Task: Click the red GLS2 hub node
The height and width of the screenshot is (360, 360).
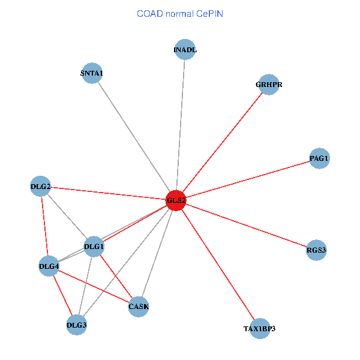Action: [x=176, y=200]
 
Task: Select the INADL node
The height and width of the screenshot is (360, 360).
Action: [x=185, y=50]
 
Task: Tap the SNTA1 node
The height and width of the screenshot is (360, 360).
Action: [x=92, y=73]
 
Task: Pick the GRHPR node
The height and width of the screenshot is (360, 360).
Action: [x=268, y=85]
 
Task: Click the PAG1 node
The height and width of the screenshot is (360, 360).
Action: [x=319, y=158]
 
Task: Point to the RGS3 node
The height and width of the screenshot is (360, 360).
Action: [x=316, y=250]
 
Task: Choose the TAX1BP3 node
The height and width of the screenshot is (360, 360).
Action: [x=259, y=329]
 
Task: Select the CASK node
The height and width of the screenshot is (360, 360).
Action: [x=139, y=307]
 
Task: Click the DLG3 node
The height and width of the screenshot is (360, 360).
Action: [x=77, y=325]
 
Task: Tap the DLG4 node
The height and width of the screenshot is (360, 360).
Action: [x=49, y=266]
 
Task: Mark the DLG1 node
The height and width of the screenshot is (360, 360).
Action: [x=94, y=246]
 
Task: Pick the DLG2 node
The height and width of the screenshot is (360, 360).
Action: [x=40, y=186]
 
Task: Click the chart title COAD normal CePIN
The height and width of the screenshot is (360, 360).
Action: [x=180, y=13]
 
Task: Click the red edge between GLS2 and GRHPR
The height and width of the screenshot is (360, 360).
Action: [x=223, y=142]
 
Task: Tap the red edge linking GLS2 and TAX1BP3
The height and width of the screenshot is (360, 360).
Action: [x=217, y=264]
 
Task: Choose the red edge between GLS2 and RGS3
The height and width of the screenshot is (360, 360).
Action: [x=246, y=225]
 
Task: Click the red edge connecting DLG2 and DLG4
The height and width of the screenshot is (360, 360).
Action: [x=44, y=226]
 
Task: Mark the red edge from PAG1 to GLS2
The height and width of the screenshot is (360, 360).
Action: [x=247, y=179]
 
